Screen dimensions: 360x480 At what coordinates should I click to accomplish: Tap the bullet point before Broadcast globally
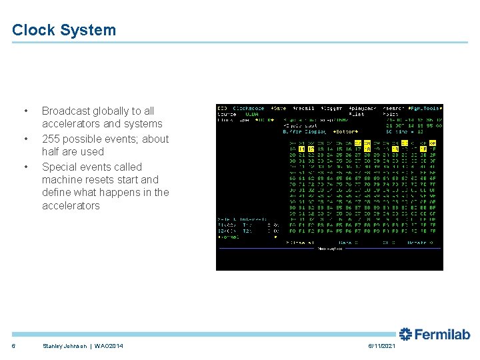click(x=25, y=111)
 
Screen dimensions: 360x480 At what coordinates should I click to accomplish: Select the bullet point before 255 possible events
click(x=25, y=139)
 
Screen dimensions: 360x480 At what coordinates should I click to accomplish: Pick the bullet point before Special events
click(x=25, y=167)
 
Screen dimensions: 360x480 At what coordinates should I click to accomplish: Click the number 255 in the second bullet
click(x=51, y=139)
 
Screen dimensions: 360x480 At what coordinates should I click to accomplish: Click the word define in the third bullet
click(x=57, y=193)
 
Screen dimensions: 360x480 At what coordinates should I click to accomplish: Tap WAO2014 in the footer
click(x=108, y=345)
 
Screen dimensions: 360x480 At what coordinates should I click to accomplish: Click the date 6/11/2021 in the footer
click(x=381, y=345)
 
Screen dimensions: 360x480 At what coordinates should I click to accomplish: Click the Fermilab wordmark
click(x=435, y=334)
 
